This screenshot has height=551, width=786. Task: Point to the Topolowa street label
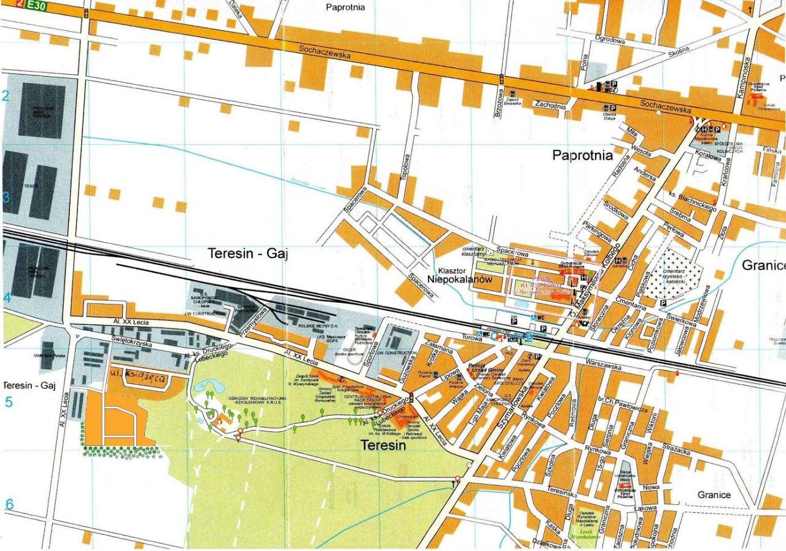(x=404, y=165)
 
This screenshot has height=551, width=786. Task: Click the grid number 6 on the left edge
(x=9, y=505)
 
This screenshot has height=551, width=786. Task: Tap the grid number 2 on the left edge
(x=6, y=96)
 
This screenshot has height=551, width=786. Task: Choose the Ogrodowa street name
(x=609, y=41)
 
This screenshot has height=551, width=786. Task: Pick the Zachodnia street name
(x=550, y=105)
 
